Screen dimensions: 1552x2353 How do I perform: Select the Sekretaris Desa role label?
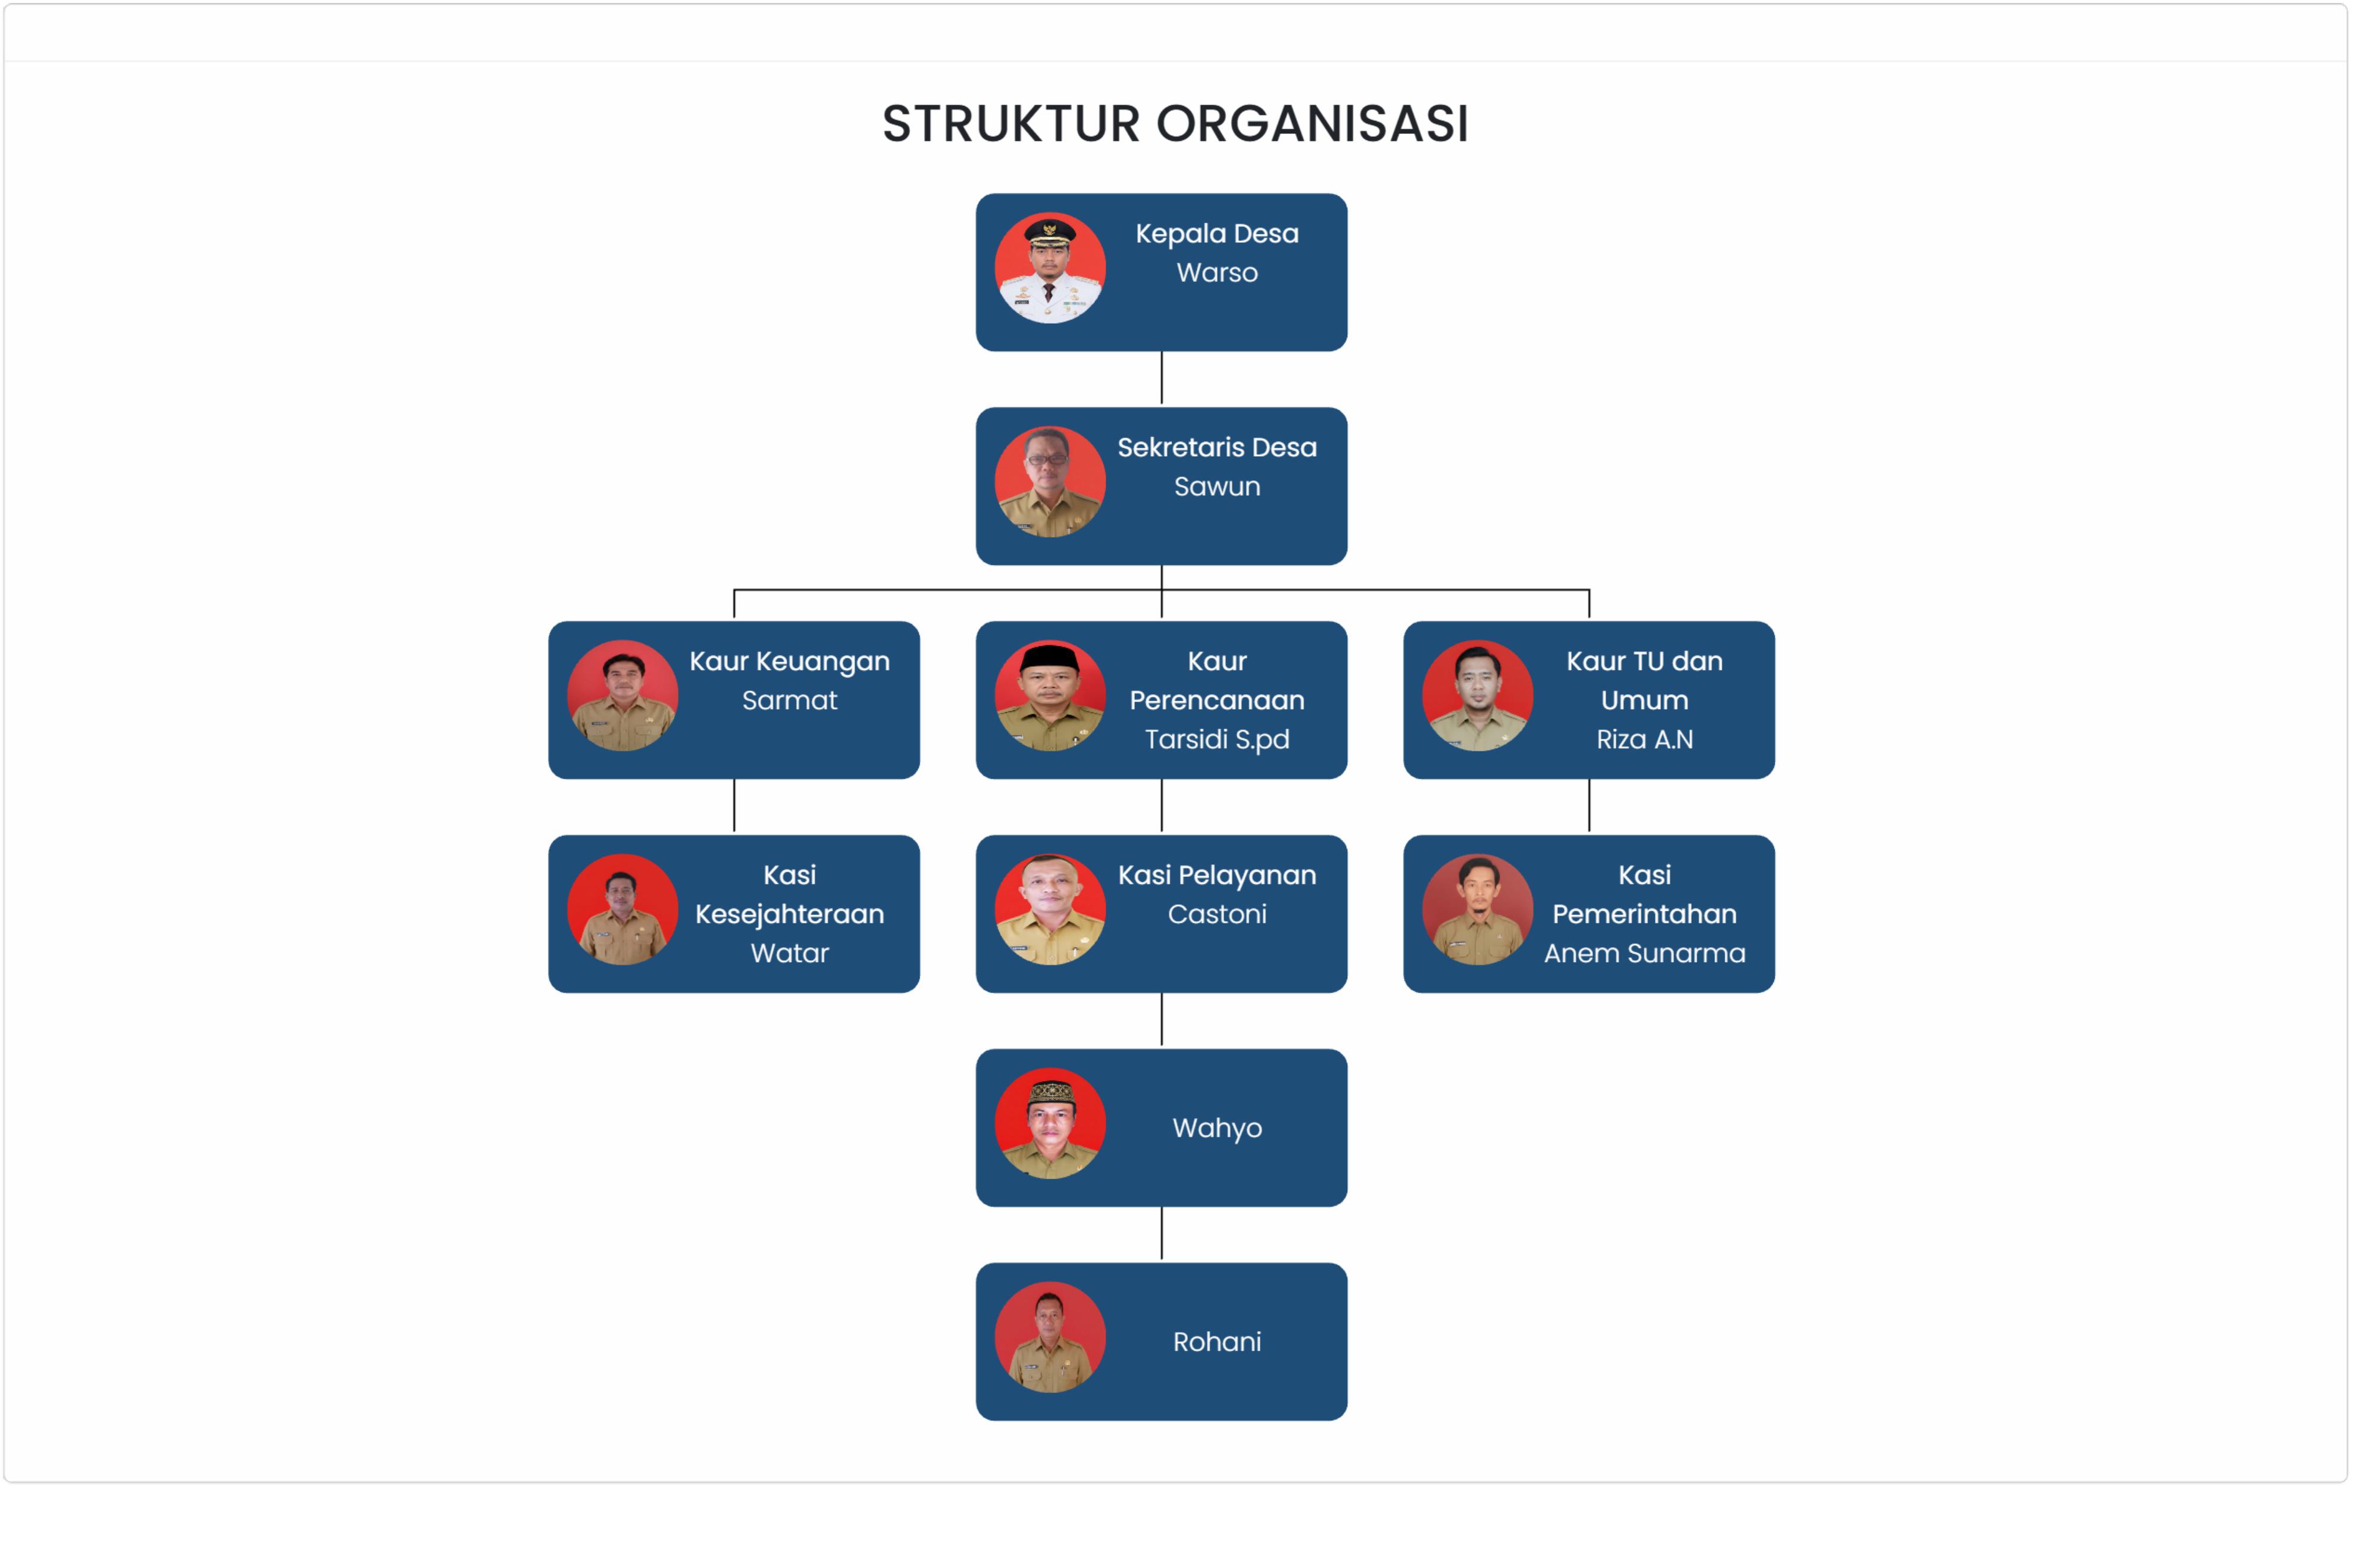tap(1217, 448)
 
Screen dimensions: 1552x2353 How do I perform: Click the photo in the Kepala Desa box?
tap(1050, 268)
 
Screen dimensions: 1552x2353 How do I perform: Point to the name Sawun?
tap(1217, 487)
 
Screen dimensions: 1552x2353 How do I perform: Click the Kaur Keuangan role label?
tap(790, 661)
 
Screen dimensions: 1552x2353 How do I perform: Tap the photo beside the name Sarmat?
tap(622, 696)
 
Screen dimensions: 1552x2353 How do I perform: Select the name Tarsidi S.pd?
tap(1217, 739)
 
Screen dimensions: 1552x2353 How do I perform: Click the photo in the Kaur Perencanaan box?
tap(1050, 696)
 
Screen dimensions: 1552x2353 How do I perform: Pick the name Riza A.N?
tap(1644, 739)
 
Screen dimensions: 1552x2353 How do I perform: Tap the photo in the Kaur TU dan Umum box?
tap(1477, 696)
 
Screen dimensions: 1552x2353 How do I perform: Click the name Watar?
tap(790, 953)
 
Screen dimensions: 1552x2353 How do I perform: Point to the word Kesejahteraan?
tap(790, 914)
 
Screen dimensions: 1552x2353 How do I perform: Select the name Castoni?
tap(1217, 914)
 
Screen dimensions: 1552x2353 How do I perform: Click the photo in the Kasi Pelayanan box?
tap(1050, 910)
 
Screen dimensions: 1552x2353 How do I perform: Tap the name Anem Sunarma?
tap(1644, 953)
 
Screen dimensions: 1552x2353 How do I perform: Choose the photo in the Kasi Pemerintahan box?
tap(1477, 910)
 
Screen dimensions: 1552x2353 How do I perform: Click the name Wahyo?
tap(1217, 1128)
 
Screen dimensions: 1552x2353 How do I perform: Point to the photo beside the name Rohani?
tap(1050, 1337)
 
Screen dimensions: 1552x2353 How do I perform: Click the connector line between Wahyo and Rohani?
tap(1162, 1234)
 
